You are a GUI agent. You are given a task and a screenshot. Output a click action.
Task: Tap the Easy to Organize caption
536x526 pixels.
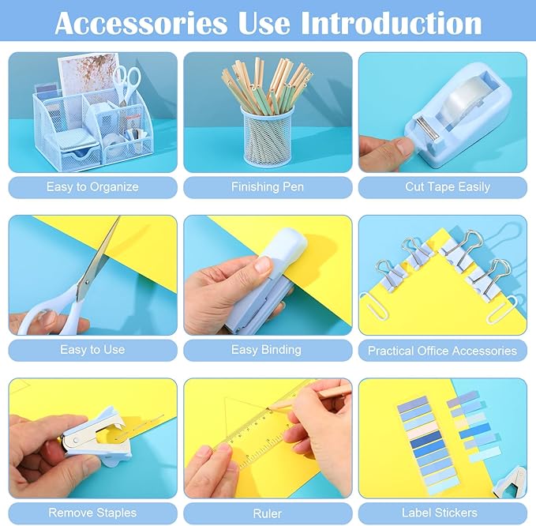pos(92,187)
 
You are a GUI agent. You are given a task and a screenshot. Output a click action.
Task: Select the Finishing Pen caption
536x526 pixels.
pos(267,187)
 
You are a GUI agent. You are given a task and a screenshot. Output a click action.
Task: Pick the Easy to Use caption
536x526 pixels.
pos(92,349)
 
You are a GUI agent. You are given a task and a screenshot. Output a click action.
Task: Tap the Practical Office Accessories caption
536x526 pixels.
pos(442,350)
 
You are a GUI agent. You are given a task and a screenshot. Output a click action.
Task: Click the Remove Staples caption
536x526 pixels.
pos(92,513)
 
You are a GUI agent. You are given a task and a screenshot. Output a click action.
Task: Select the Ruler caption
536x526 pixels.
pos(267,513)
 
